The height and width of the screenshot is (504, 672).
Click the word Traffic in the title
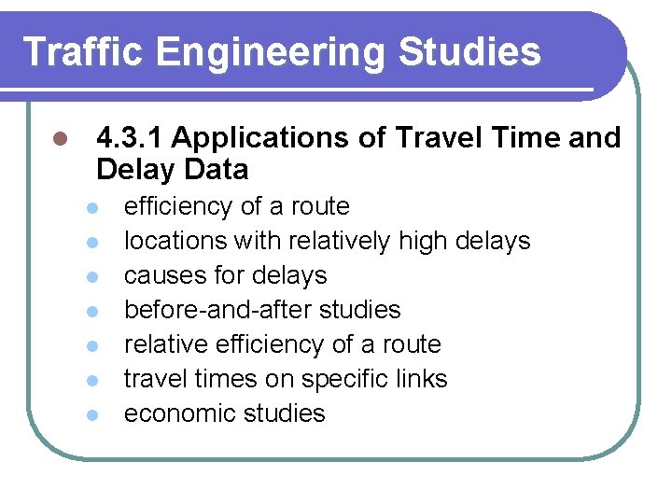tap(83, 52)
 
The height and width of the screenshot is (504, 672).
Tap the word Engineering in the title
tap(271, 52)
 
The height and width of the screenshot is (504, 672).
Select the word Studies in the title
tap(469, 52)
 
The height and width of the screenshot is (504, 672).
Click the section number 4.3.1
tap(130, 138)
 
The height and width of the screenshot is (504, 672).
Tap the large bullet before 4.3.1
tap(59, 139)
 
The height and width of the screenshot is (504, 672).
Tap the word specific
tap(346, 379)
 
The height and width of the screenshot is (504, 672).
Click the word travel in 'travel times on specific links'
tap(152, 379)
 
